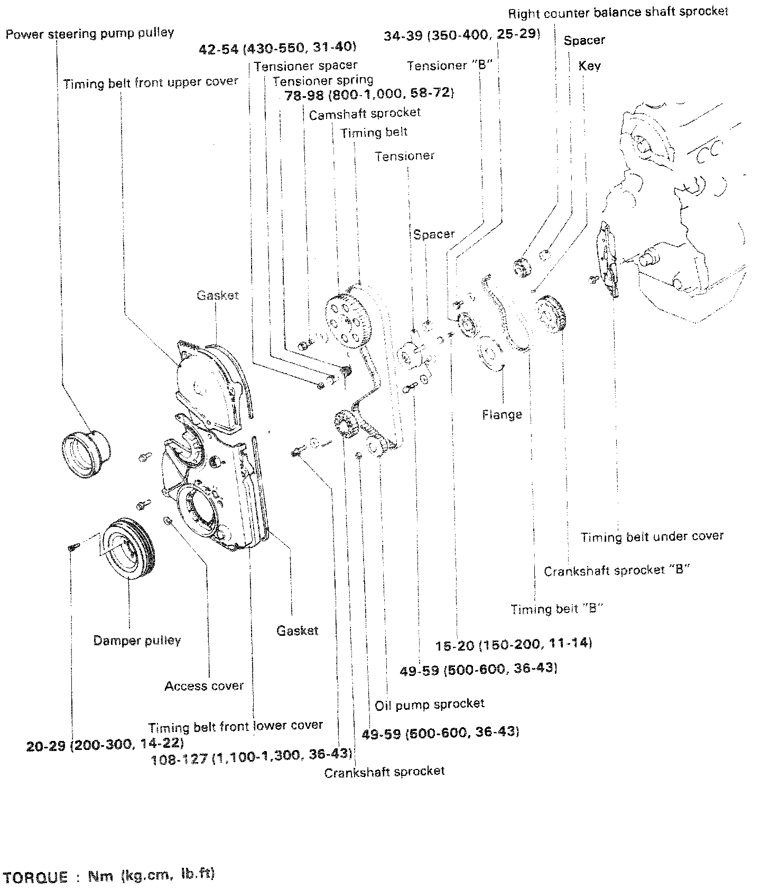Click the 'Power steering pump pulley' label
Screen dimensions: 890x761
(x=90, y=34)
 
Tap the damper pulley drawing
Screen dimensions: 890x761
(x=128, y=550)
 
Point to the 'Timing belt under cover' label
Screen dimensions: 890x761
(x=652, y=537)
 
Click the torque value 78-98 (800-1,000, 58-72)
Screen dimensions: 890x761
(x=369, y=94)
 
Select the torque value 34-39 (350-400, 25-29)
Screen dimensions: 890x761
(x=462, y=35)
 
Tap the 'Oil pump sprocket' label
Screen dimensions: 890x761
(x=429, y=704)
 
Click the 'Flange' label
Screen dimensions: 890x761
(x=502, y=415)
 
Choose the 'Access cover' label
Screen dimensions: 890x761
(x=204, y=686)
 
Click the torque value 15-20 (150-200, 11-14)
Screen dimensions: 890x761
(x=514, y=644)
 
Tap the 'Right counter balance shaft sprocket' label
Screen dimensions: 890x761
(x=618, y=12)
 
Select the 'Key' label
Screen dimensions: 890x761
(x=589, y=66)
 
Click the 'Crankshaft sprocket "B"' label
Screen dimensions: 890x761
(x=616, y=571)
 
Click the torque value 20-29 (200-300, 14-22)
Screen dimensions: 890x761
(x=105, y=745)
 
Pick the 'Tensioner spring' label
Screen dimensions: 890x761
(x=323, y=81)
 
